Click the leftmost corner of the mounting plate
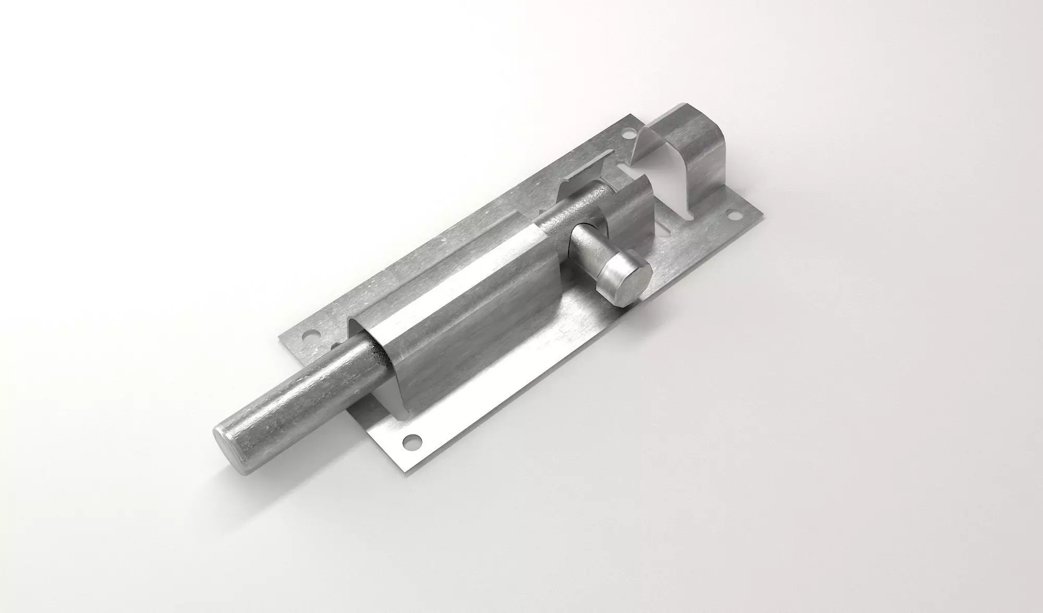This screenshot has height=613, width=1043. [280, 334]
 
